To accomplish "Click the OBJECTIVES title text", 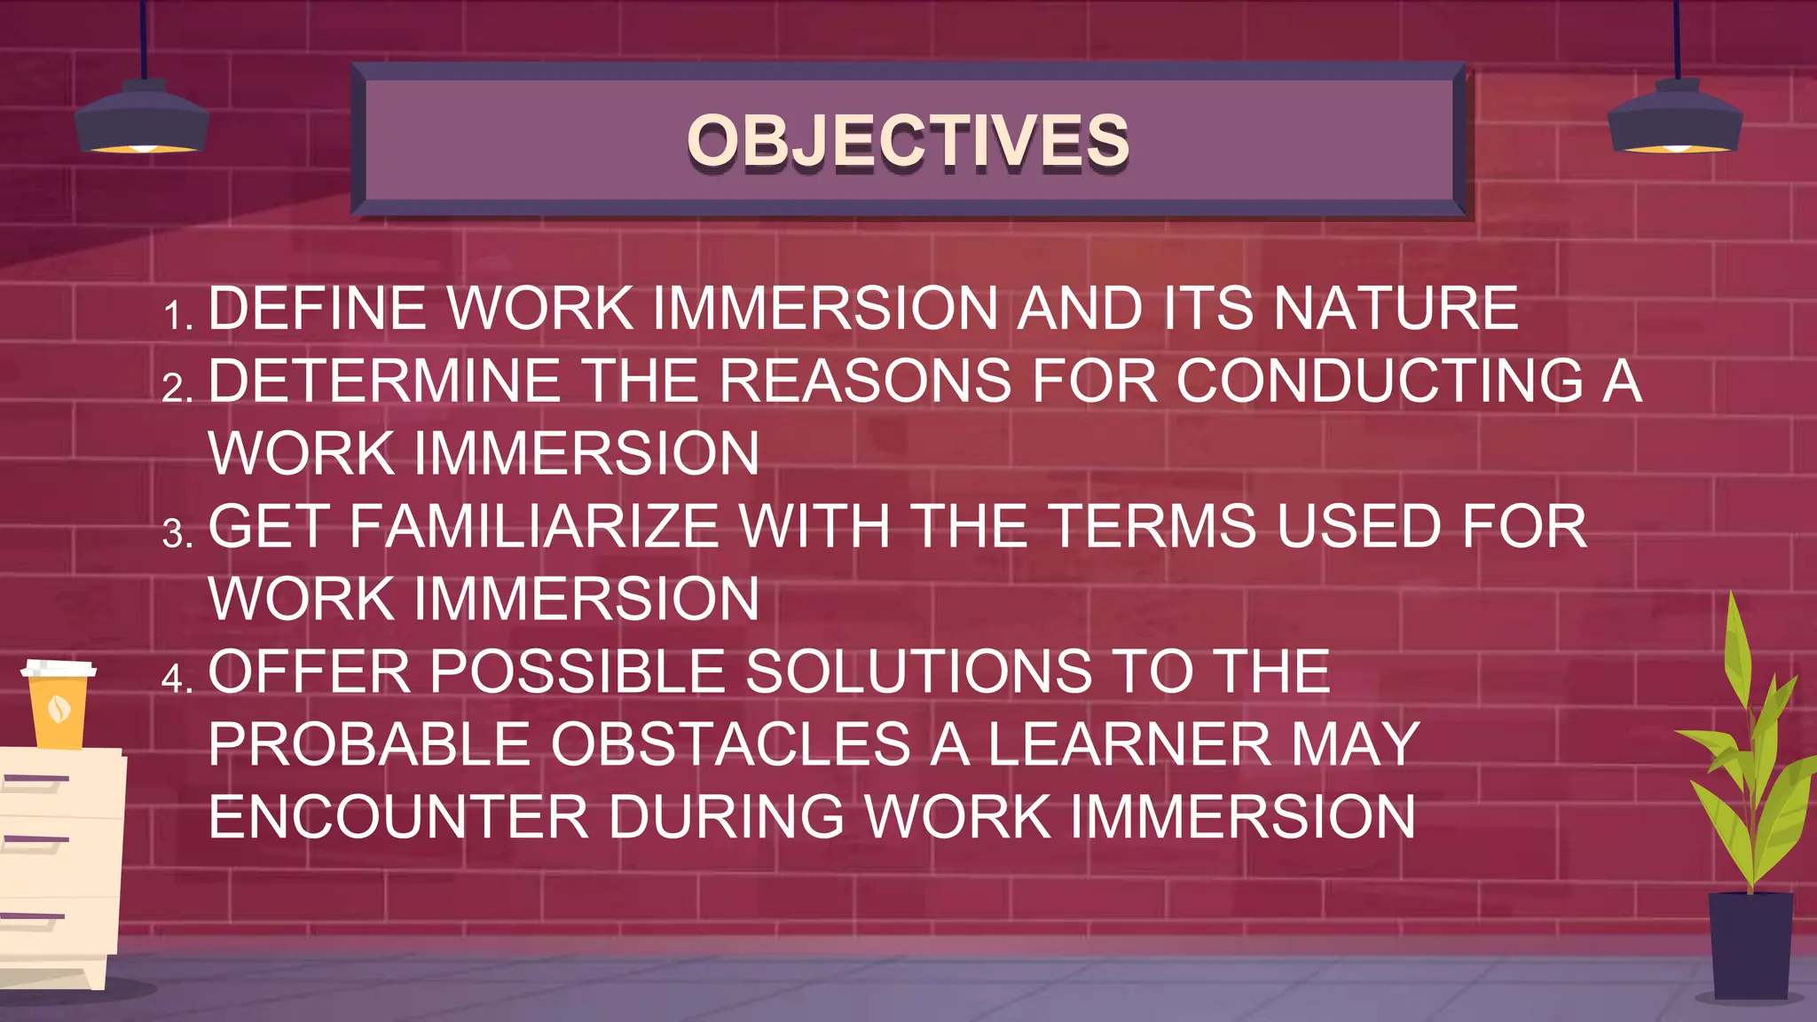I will coord(908,140).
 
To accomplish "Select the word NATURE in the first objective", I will coord(1396,309).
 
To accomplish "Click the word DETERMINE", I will coord(384,381).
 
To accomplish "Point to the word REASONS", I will coord(865,381).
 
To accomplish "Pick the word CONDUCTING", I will coord(1380,381).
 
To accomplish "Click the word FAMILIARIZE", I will coord(533,526).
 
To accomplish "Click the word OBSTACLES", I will coord(730,743).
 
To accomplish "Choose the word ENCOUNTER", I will coord(398,816).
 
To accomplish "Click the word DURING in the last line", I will coord(726,816).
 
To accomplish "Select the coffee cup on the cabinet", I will coord(59,704).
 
